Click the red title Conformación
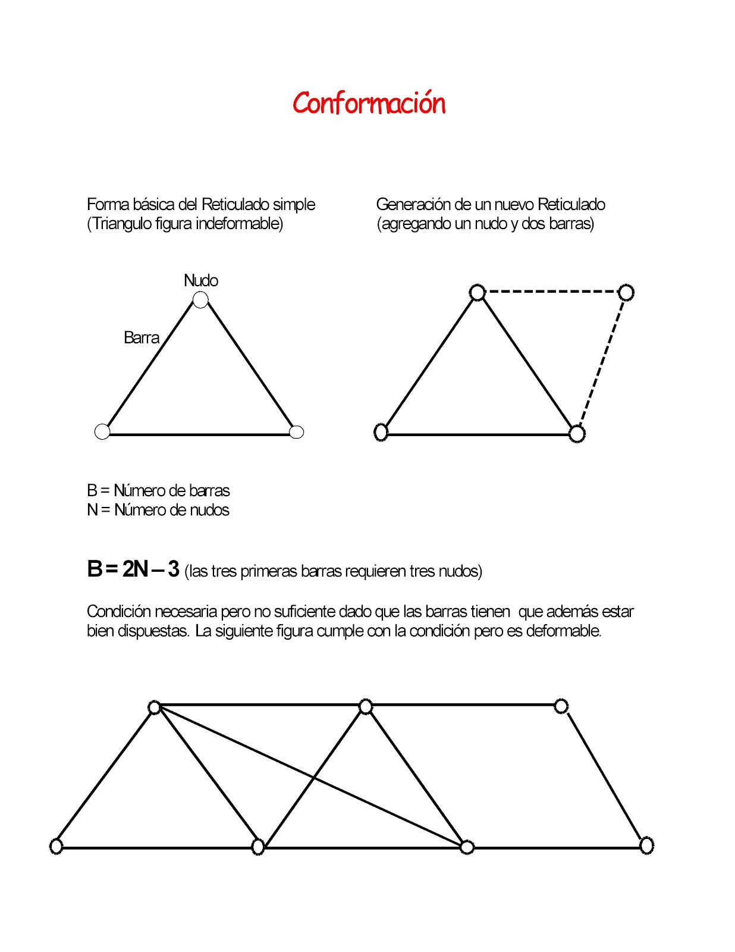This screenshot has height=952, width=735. pyautogui.click(x=369, y=104)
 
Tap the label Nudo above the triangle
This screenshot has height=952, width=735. pyautogui.click(x=200, y=280)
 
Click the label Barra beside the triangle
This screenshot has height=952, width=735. pyautogui.click(x=142, y=338)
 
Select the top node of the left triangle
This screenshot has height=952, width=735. pyautogui.click(x=201, y=300)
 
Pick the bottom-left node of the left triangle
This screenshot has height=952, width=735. pyautogui.click(x=102, y=431)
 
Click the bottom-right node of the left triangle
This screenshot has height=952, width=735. pyautogui.click(x=296, y=432)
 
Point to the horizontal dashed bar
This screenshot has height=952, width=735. pyautogui.click(x=552, y=292)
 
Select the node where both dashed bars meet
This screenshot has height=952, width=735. pyautogui.click(x=626, y=293)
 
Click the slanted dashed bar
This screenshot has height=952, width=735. pyautogui.click(x=602, y=363)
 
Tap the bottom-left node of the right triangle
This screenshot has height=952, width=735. pyautogui.click(x=381, y=432)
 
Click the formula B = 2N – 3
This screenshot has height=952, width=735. pyautogui.click(x=133, y=569)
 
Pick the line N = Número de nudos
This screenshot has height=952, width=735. pyautogui.click(x=158, y=510)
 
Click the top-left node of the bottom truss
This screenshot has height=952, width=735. pyautogui.click(x=155, y=707)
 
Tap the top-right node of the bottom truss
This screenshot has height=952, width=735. pyautogui.click(x=561, y=706)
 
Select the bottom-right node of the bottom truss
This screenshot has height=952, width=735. pyautogui.click(x=646, y=845)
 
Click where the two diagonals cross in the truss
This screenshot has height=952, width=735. pyautogui.click(x=314, y=778)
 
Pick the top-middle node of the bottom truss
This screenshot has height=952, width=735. pyautogui.click(x=366, y=707)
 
